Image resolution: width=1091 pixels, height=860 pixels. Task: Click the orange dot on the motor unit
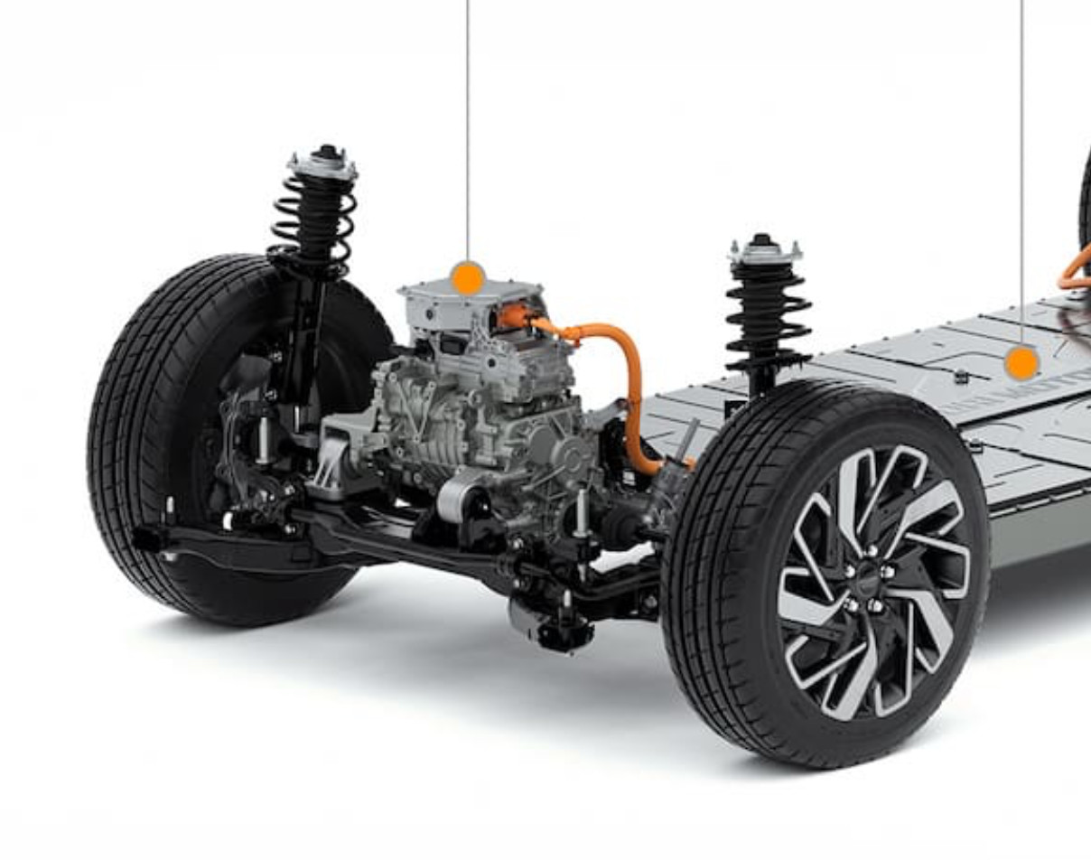tap(467, 278)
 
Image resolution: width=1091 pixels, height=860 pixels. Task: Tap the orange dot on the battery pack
tap(1021, 363)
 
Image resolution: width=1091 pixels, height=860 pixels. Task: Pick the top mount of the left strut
tap(322, 164)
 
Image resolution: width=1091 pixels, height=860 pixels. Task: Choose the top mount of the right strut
tap(765, 248)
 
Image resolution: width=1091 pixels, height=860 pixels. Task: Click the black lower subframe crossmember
tap(406, 542)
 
